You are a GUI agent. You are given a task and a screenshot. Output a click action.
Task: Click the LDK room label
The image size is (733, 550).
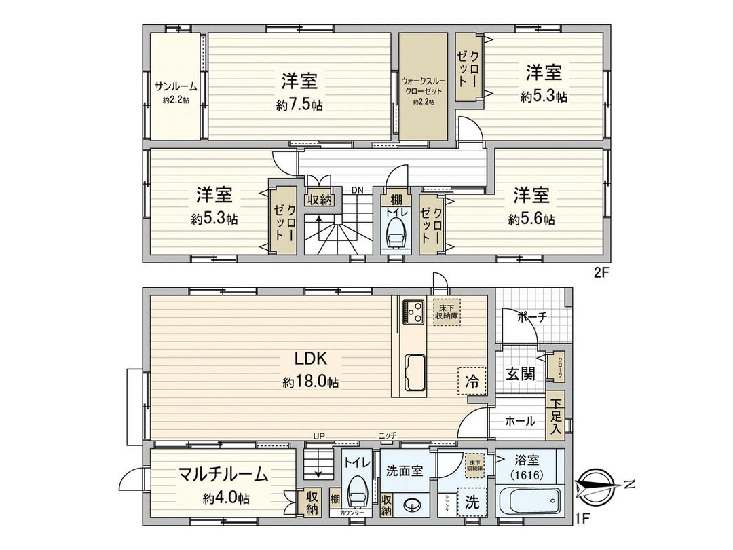tap(311, 358)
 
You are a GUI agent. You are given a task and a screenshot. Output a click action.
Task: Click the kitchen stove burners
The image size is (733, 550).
tap(413, 312)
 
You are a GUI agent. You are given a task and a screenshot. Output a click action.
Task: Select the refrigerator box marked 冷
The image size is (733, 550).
tap(472, 382)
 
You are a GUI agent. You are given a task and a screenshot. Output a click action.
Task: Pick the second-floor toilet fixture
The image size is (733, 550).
tap(394, 234)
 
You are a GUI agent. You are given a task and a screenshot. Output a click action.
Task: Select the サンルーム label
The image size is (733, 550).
tap(175, 86)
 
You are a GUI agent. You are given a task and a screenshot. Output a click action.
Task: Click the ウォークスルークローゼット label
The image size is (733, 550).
tap(424, 85)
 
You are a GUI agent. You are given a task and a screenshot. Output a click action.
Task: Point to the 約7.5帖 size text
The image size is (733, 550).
tap(299, 105)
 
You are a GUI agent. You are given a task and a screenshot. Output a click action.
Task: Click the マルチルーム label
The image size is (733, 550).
tap(223, 475)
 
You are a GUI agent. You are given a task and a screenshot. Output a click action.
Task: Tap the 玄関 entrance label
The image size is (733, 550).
tap(519, 373)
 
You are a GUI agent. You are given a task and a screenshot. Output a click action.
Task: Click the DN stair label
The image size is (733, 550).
tap(357, 190)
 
